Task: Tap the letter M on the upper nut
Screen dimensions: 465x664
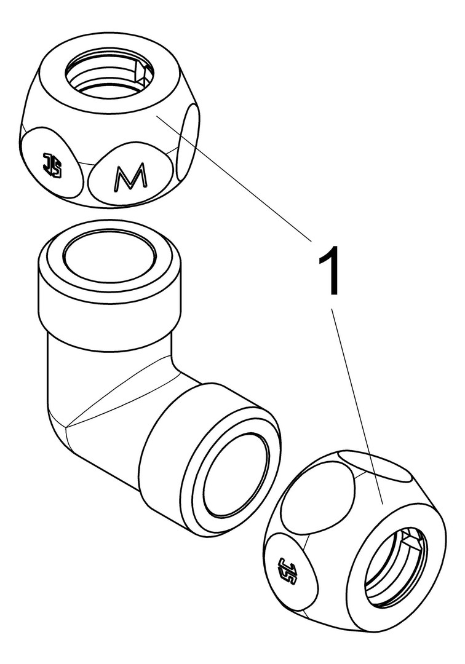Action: point(130,176)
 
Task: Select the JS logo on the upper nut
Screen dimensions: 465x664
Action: point(52,165)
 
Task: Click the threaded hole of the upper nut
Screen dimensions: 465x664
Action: point(109,74)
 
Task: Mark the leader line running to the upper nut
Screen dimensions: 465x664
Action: point(235,178)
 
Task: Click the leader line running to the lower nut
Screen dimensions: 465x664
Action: point(357,406)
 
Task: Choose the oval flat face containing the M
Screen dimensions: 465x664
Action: point(130,173)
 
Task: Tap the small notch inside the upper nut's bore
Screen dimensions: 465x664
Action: point(142,73)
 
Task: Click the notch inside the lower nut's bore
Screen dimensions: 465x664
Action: point(412,539)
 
